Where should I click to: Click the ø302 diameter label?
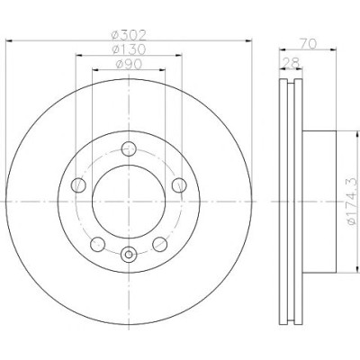[129, 35]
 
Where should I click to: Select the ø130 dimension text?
[129, 49]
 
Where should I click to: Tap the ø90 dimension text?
[129, 64]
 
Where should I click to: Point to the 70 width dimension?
[308, 44]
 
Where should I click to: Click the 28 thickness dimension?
[291, 63]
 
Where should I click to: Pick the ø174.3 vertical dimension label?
[353, 202]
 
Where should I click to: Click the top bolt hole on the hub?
[129, 148]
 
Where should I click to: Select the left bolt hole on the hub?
[78, 184]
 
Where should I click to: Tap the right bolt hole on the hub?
[179, 184]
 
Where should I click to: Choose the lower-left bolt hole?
[97, 244]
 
